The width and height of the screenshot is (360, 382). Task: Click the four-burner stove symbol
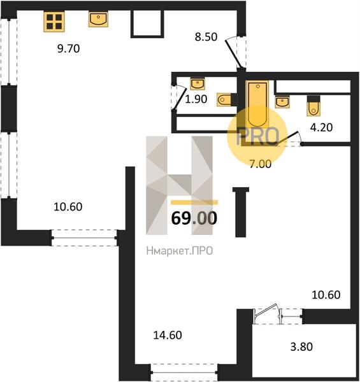[54, 22]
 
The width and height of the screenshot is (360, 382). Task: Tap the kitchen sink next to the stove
[98, 19]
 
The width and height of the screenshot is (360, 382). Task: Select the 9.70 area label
[68, 49]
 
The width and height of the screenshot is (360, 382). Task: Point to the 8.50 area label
[206, 37]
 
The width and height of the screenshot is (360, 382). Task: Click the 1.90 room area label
[196, 99]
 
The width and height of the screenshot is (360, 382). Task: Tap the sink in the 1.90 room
[198, 84]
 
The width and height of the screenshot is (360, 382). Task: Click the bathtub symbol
[257, 104]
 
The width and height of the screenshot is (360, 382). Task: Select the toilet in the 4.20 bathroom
[313, 106]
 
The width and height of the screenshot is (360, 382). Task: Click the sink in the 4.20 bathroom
[282, 102]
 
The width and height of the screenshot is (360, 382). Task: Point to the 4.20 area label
[321, 127]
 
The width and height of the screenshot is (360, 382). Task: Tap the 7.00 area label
[261, 164]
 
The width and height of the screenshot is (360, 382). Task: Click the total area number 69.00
[194, 218]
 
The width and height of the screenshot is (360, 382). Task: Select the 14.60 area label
[168, 336]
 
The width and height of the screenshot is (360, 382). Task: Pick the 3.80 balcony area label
[301, 347]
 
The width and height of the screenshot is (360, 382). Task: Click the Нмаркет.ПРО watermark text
[180, 251]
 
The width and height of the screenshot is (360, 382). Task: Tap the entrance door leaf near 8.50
[233, 53]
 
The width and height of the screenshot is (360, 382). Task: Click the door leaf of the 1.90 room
[179, 98]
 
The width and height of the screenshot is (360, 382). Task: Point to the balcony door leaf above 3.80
[266, 310]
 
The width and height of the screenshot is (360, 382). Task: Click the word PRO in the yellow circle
[258, 136]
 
